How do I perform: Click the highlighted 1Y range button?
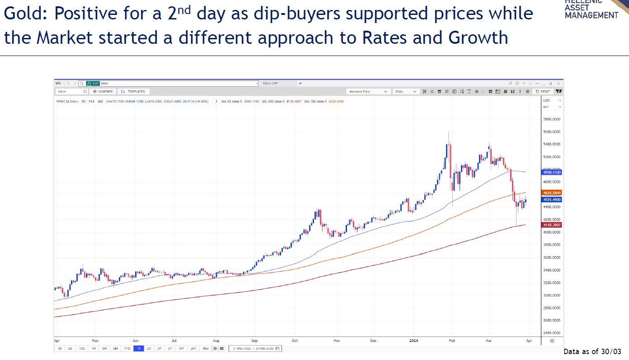[x=138, y=348]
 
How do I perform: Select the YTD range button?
[x=127, y=348]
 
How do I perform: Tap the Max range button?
[x=206, y=348]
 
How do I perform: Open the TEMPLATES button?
[x=133, y=91]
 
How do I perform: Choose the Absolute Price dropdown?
[x=368, y=91]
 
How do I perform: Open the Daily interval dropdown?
[x=406, y=91]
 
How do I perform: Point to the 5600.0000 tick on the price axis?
[x=552, y=132]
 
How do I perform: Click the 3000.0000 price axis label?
[x=552, y=295]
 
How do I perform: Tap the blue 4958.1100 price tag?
[x=551, y=172]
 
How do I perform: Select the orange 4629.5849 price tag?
[x=551, y=193]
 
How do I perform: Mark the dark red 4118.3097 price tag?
[x=551, y=225]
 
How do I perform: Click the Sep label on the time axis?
[x=254, y=341]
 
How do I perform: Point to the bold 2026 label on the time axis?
[x=413, y=341]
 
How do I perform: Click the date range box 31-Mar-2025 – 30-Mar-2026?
[x=255, y=348]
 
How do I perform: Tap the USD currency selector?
[x=552, y=100]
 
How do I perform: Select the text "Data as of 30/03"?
[x=592, y=351]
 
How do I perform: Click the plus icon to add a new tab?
[x=300, y=83]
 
